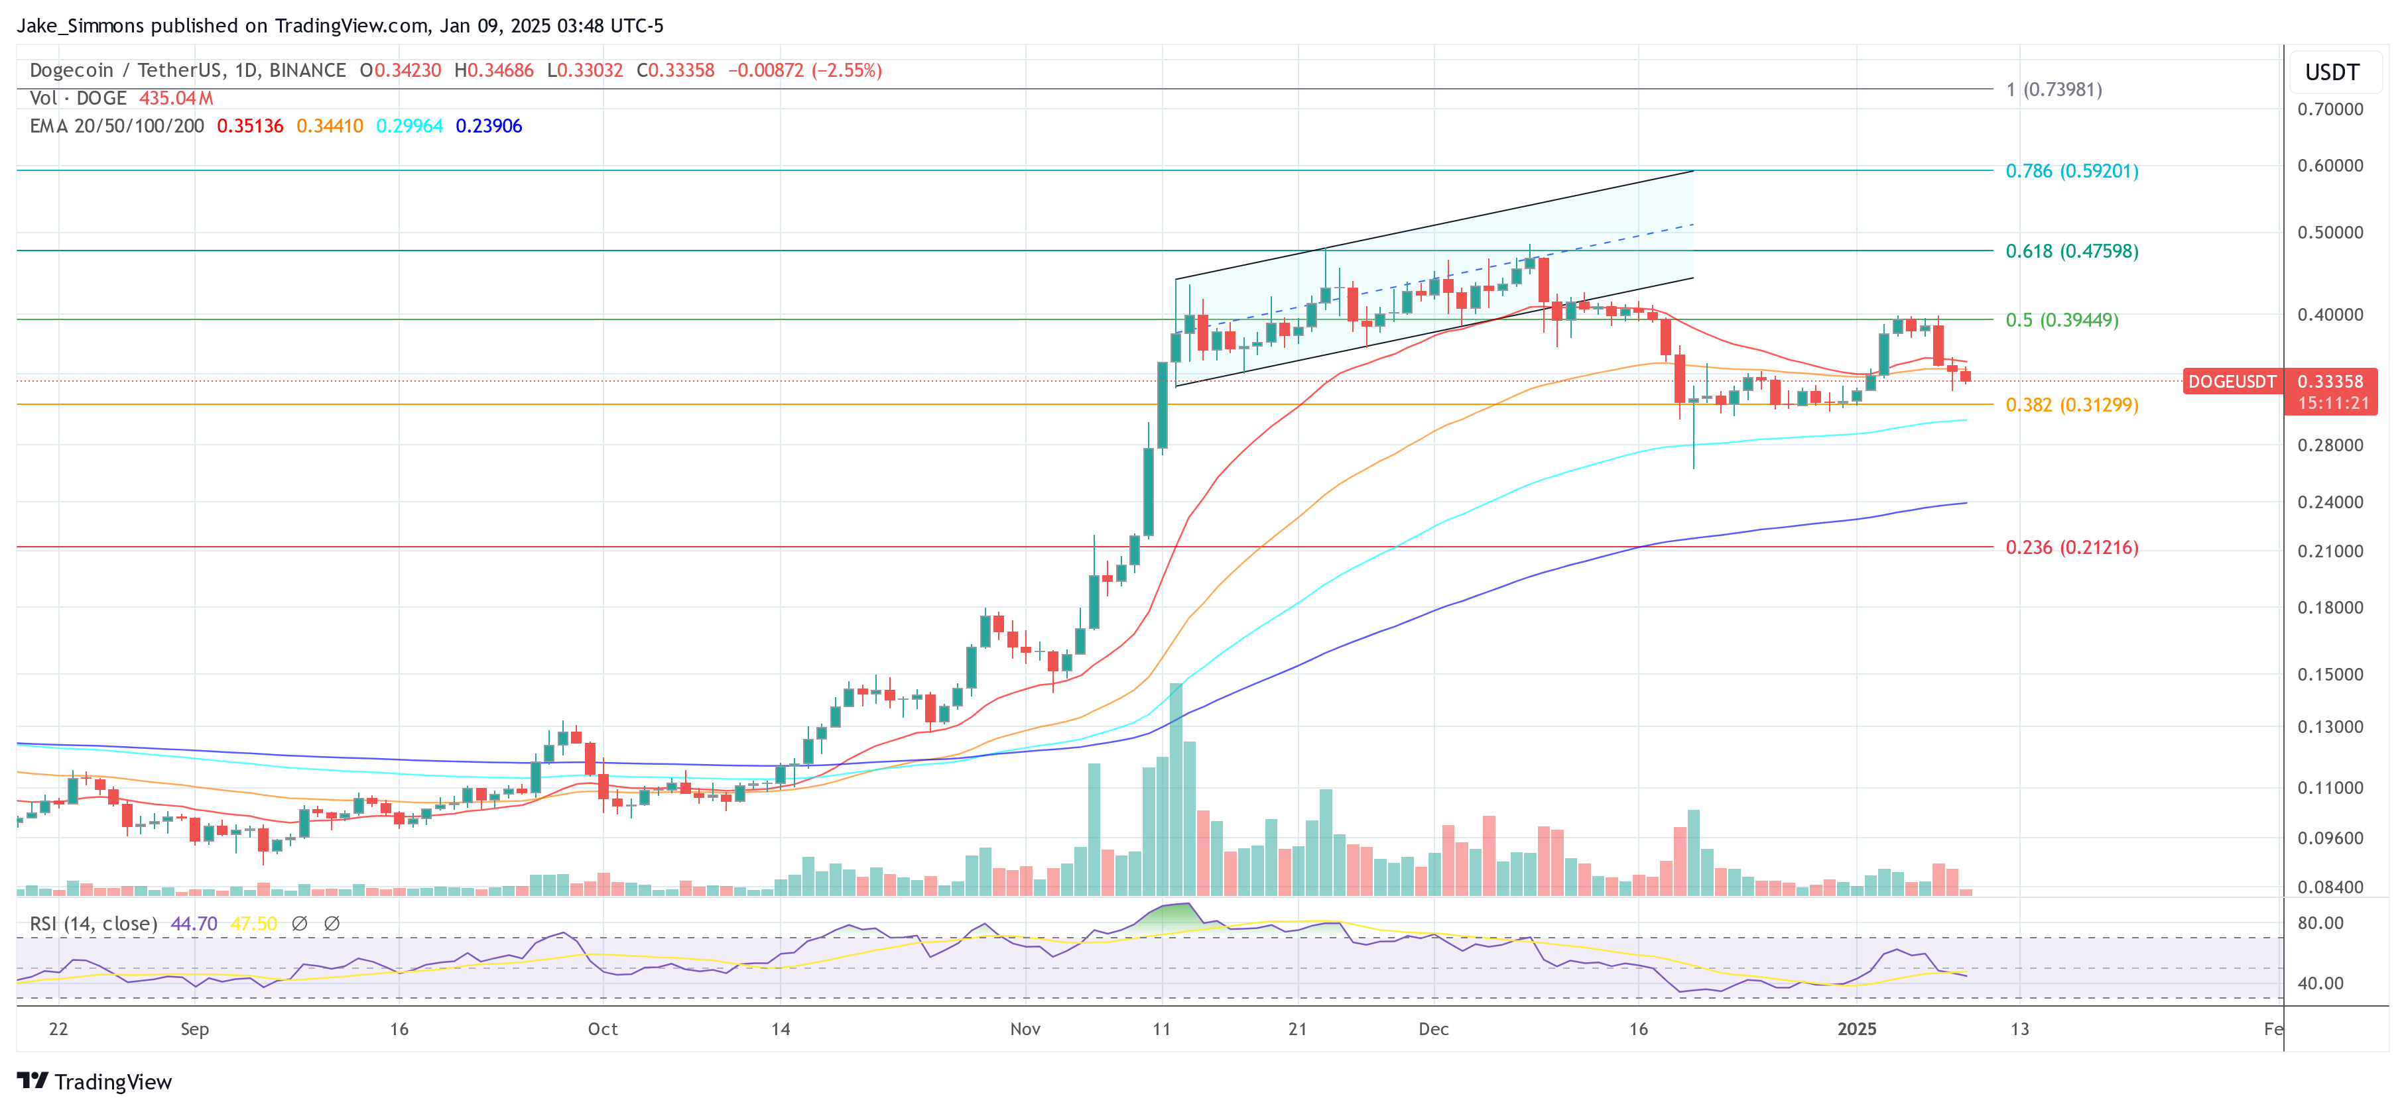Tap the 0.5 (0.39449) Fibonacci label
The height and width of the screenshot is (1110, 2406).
2061,320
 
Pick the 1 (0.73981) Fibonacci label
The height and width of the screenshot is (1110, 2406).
2053,89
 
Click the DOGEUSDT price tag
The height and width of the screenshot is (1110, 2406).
2232,382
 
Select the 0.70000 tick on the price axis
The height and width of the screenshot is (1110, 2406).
2330,109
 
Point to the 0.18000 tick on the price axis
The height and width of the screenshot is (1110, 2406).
2330,608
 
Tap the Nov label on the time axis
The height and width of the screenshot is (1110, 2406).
1025,1028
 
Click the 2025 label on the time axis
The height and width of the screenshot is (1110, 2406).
1856,1028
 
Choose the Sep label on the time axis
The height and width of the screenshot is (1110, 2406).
194,1028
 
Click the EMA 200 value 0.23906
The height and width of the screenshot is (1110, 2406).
489,126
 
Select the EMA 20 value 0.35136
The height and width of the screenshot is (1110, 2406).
249,126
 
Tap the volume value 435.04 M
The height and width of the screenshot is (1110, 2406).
176,98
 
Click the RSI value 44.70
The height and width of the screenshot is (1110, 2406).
194,923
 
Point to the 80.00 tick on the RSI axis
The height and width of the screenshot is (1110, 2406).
2320,923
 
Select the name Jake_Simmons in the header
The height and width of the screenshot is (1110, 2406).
80,25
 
